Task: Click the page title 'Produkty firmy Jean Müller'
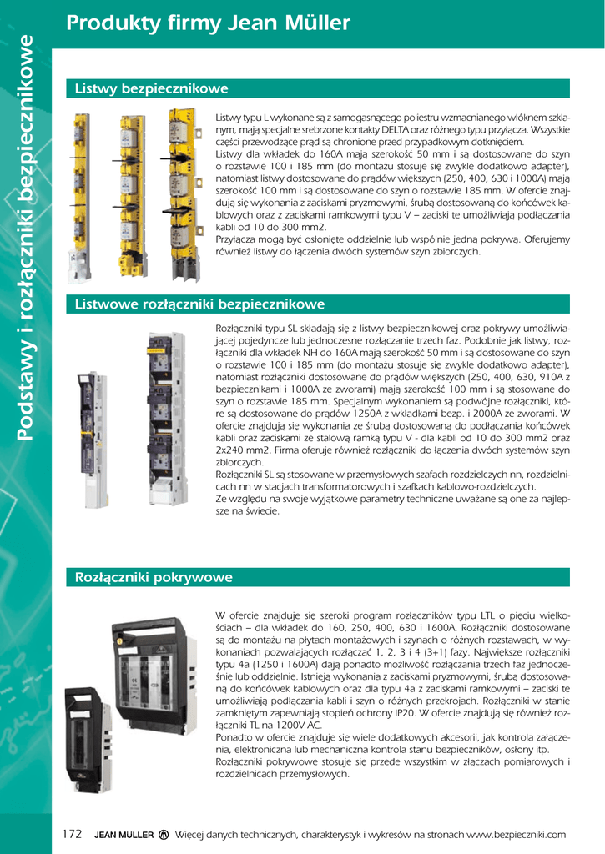(x=208, y=23)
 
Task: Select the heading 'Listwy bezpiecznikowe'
(x=151, y=88)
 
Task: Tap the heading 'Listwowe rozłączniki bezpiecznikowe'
(x=199, y=304)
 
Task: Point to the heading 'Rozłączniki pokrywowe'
(x=154, y=577)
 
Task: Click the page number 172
(x=73, y=834)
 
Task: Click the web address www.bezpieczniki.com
(x=517, y=835)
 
